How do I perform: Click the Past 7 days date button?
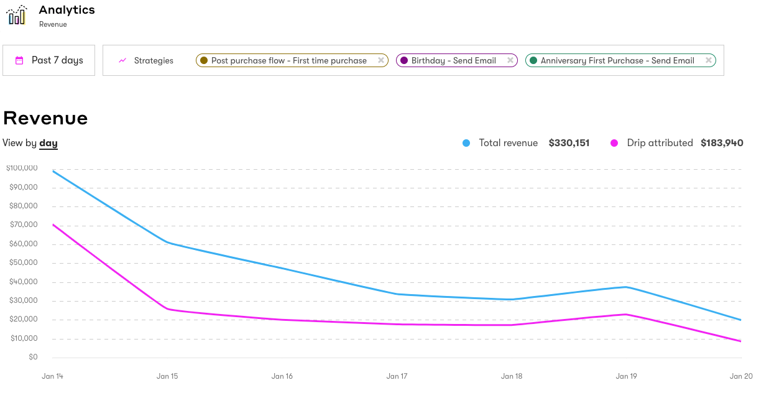(x=49, y=60)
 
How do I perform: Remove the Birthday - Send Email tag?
(x=510, y=60)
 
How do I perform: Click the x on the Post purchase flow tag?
(x=381, y=60)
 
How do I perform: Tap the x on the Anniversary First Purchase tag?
(x=708, y=60)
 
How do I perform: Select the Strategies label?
(x=154, y=60)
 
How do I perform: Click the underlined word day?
(x=48, y=143)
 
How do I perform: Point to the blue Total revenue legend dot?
(x=466, y=143)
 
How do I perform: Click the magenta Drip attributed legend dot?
(x=614, y=143)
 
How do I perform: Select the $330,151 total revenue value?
(x=569, y=143)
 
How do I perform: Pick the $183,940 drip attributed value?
(x=722, y=143)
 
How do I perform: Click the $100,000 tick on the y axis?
(x=22, y=168)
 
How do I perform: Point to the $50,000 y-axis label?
(x=23, y=262)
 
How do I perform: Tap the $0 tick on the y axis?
(x=32, y=358)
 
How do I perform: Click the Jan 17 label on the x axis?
(x=397, y=376)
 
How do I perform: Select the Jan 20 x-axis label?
(x=740, y=376)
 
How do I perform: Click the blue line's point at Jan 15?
(x=167, y=243)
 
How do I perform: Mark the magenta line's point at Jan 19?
(x=626, y=314)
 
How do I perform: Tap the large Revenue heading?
(x=45, y=118)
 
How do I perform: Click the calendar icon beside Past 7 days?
(x=19, y=60)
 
